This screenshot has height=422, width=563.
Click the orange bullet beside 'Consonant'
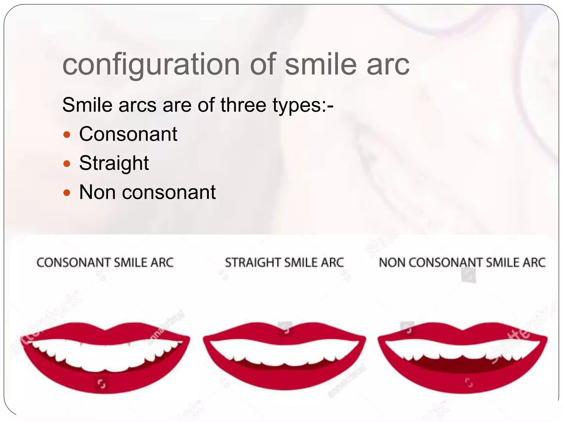[x=67, y=135]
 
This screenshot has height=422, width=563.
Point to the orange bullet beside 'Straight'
[x=67, y=164]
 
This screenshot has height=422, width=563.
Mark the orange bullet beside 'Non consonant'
[x=67, y=193]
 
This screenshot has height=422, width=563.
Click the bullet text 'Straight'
[x=114, y=163]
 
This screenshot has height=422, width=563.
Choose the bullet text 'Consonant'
[x=128, y=134]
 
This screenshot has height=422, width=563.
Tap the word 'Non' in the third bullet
[x=97, y=192]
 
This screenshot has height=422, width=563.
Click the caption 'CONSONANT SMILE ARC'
[x=105, y=263]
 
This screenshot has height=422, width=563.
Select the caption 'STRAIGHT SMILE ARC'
[x=284, y=263]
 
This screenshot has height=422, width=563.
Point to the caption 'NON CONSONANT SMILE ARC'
[x=462, y=263]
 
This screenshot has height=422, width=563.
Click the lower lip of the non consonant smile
[x=462, y=383]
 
